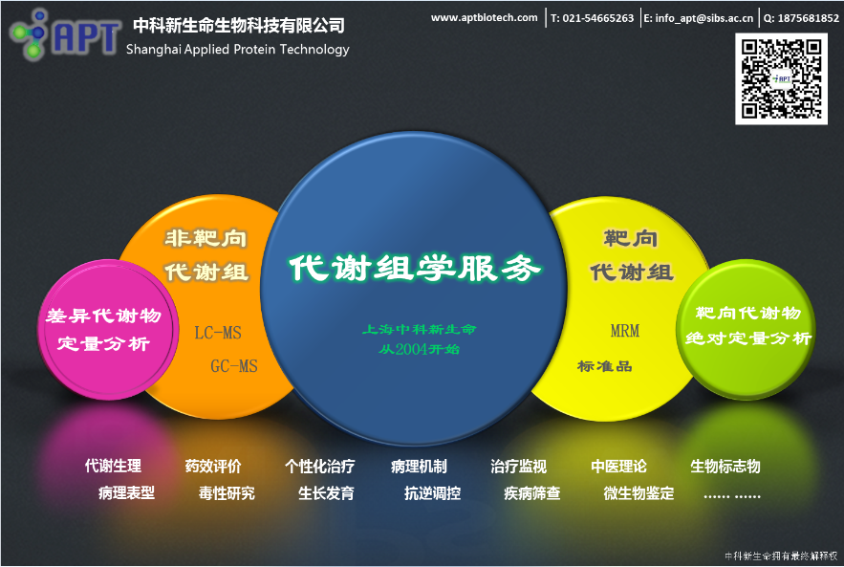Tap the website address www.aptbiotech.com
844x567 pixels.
484,17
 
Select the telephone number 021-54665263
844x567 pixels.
592,18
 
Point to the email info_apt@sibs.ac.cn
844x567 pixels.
698,18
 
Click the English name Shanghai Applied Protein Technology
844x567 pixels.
238,50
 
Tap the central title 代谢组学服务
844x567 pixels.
416,268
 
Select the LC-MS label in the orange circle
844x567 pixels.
218,333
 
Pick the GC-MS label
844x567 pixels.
234,365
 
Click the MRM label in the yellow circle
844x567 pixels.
625,331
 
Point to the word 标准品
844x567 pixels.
605,366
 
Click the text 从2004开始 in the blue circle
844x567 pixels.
419,349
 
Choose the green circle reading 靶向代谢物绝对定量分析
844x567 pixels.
748,325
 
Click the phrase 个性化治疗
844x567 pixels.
319,467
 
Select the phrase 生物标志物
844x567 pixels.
725,467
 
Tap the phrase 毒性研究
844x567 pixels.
227,493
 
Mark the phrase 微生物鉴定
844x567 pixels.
638,493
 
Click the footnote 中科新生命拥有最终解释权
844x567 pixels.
781,555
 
